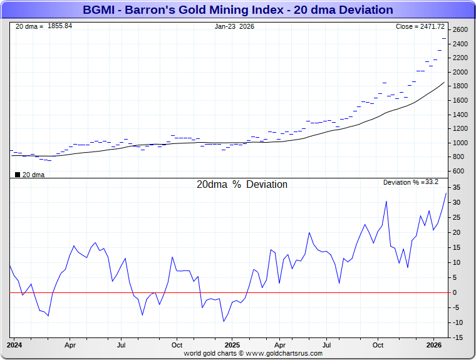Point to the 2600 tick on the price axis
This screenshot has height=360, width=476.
(x=460, y=30)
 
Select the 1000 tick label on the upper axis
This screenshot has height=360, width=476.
(x=460, y=143)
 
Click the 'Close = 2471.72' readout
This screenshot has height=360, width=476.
(x=420, y=26)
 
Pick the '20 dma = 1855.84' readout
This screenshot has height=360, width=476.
(x=44, y=26)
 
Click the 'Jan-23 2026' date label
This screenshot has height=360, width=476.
(x=234, y=26)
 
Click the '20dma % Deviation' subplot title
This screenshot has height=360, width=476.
(x=242, y=185)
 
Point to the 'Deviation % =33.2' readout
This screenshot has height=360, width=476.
(x=410, y=182)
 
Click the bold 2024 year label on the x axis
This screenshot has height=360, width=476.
(x=14, y=345)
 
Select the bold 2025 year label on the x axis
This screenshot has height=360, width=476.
(x=232, y=345)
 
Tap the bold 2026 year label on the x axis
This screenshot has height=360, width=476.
(x=435, y=345)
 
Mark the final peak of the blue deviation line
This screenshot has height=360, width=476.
(x=446, y=193)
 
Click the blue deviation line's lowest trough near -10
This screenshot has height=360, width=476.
(x=224, y=321)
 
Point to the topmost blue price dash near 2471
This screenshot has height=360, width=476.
(x=444, y=38)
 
